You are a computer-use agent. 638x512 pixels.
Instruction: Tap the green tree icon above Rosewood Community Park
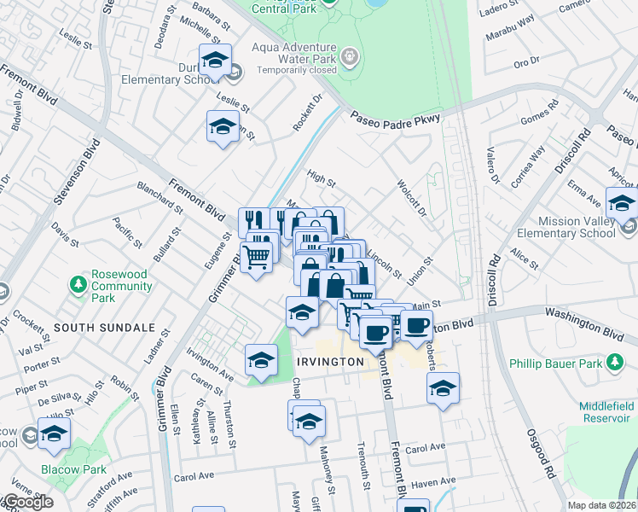click(78, 282)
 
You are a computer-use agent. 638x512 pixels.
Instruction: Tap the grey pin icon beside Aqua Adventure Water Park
click(349, 56)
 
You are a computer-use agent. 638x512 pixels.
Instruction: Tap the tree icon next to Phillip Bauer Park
click(613, 363)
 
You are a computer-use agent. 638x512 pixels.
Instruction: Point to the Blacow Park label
click(72, 469)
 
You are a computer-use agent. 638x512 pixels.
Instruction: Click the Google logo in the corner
click(27, 503)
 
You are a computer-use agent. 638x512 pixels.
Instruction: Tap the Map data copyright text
click(602, 504)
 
